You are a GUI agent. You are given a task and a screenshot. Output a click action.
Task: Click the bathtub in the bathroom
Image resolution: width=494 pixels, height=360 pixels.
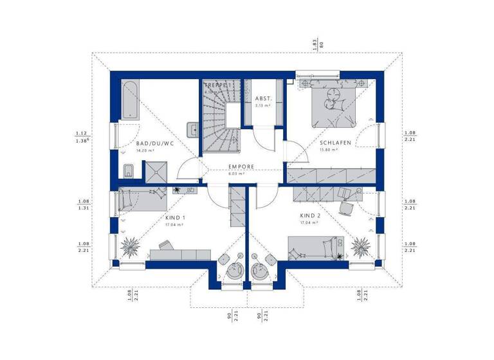(129, 100)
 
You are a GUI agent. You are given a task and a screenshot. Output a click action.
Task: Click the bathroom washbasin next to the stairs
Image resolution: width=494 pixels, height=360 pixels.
(192, 127)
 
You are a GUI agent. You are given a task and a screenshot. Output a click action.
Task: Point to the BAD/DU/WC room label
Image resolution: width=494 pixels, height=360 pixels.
(155, 143)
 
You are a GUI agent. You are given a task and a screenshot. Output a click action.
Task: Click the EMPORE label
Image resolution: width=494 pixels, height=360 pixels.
(241, 166)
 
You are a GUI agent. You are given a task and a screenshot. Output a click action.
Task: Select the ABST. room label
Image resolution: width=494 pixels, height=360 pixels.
(264, 99)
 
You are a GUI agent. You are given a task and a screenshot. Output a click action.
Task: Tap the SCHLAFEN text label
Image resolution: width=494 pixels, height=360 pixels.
(335, 143)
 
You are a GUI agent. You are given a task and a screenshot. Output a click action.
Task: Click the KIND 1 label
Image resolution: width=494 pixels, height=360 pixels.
(174, 217)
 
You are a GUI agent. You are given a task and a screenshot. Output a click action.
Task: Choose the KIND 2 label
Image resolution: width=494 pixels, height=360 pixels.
(309, 216)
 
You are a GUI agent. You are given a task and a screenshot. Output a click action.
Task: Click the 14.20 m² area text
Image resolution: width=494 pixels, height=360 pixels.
(145, 150)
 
